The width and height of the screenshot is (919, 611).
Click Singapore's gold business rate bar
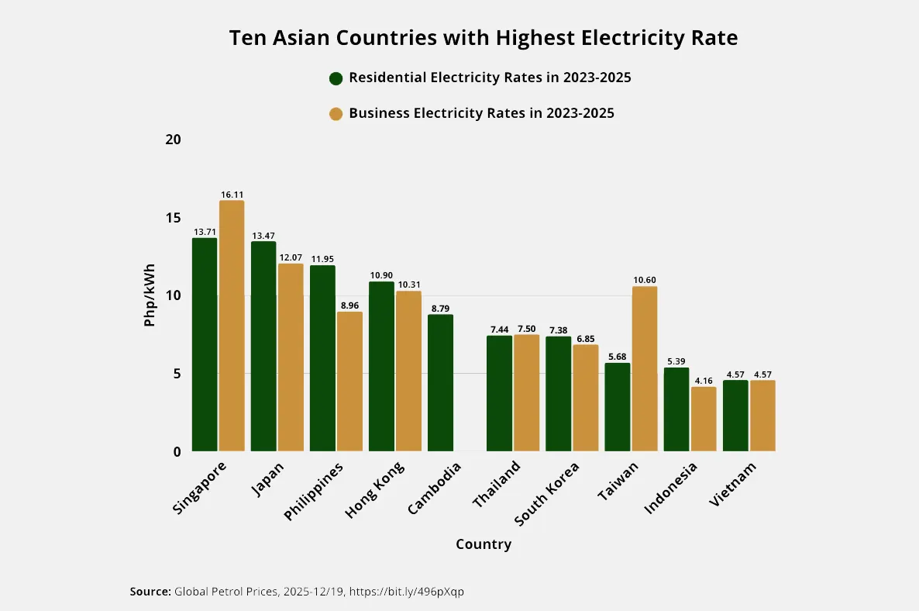[232, 326]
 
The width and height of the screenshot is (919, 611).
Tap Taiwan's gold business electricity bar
[645, 369]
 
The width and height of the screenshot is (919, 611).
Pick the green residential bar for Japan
[263, 346]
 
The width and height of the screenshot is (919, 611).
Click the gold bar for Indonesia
[704, 419]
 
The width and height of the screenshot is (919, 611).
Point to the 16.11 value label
[232, 195]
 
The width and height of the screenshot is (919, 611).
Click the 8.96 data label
[349, 305]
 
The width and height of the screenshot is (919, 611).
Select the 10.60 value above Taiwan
[645, 281]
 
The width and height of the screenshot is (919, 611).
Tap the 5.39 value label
[676, 361]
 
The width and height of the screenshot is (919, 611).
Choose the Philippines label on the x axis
[314, 492]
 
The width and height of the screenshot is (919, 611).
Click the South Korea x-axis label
[546, 494]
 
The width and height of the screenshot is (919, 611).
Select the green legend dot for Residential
[336, 78]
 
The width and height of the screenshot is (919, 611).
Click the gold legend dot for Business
[336, 114]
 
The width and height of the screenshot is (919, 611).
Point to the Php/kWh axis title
[150, 295]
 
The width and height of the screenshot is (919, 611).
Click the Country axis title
[484, 544]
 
